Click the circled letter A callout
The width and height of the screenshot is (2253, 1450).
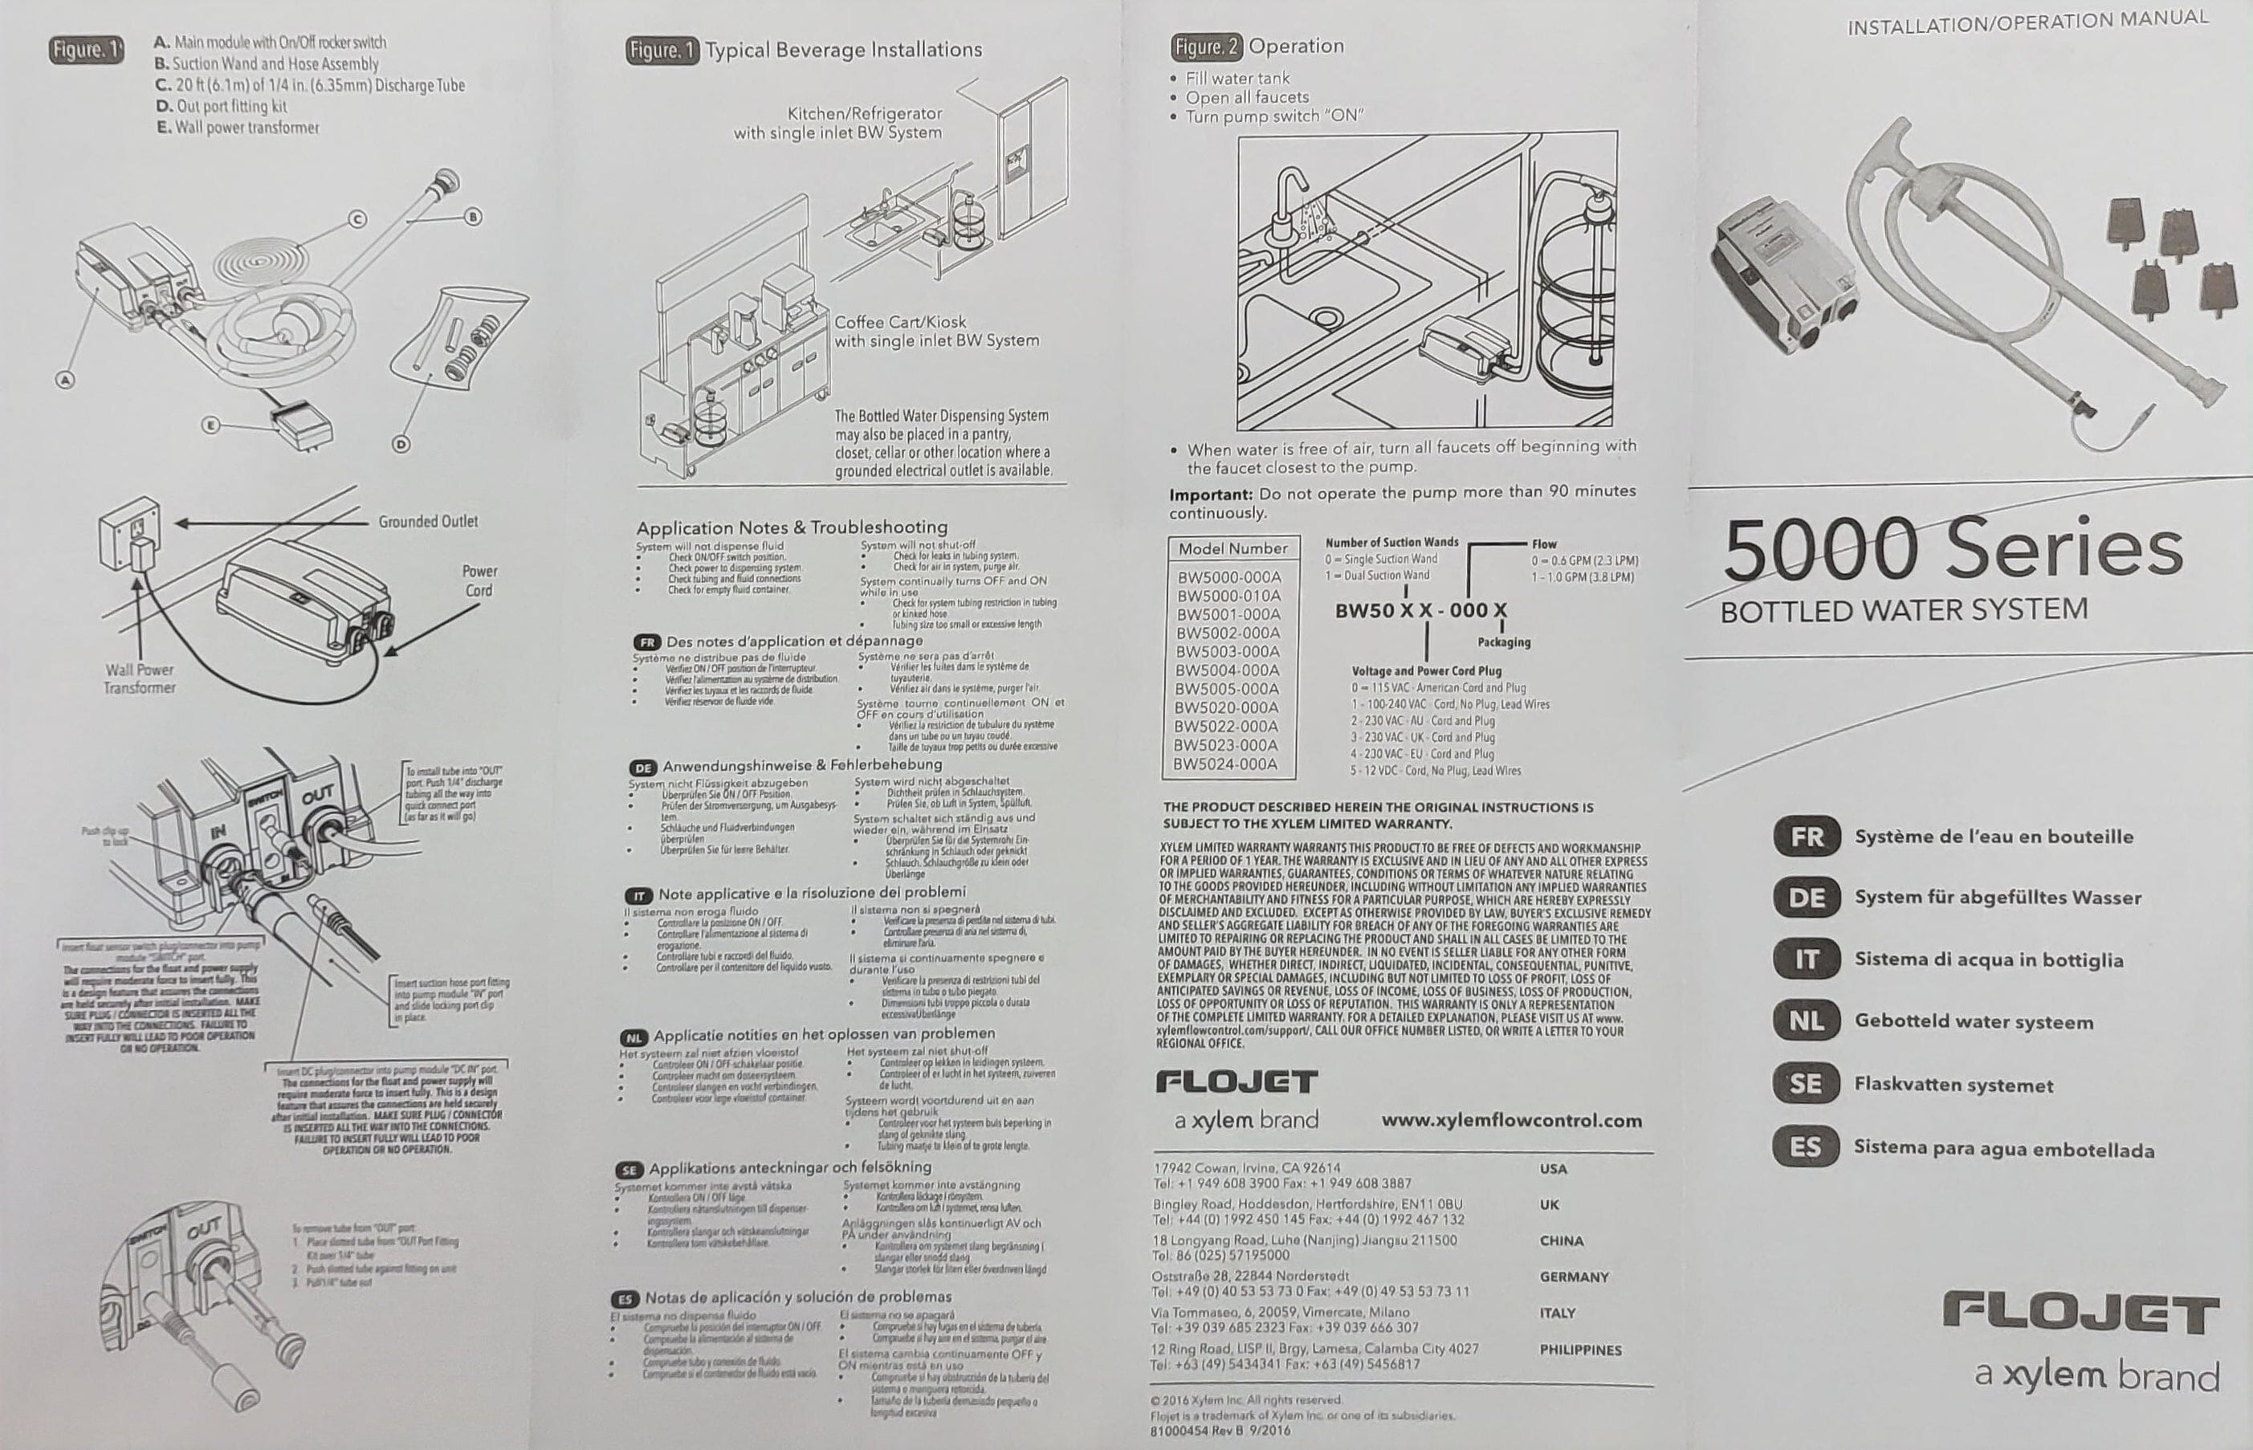pos(65,381)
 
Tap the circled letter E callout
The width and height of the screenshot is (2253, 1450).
pos(211,426)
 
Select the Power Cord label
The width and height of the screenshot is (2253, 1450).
pos(479,581)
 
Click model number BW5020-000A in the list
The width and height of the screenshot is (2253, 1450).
pos(1228,707)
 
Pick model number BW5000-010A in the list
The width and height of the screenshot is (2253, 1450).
pos(1228,596)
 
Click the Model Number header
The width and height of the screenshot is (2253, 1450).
pos(1232,549)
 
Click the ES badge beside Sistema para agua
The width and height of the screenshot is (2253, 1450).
pos(1805,1148)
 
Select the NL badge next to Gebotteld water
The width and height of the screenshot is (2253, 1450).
pos(1806,1021)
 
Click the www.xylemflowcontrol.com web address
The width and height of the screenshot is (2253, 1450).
pos(1511,1121)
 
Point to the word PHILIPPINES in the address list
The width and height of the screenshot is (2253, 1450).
pos(1580,1350)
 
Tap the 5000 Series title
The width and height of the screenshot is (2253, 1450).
pos(1953,550)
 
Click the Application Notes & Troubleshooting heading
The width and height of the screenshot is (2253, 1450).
pos(791,527)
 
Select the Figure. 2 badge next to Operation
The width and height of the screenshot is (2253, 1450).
pos(1206,46)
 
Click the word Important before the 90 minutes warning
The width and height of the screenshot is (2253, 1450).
pos(1210,495)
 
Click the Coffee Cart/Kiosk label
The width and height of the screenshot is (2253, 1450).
pos(900,322)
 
